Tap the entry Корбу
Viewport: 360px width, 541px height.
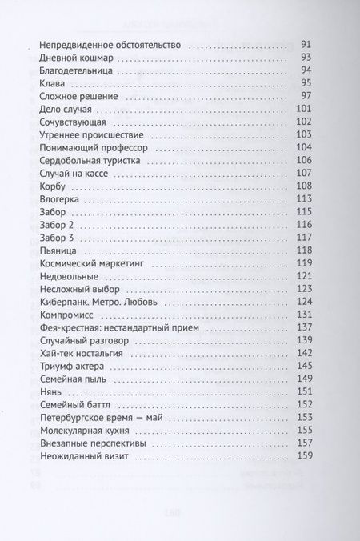52,186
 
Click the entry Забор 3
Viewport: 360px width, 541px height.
56,238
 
